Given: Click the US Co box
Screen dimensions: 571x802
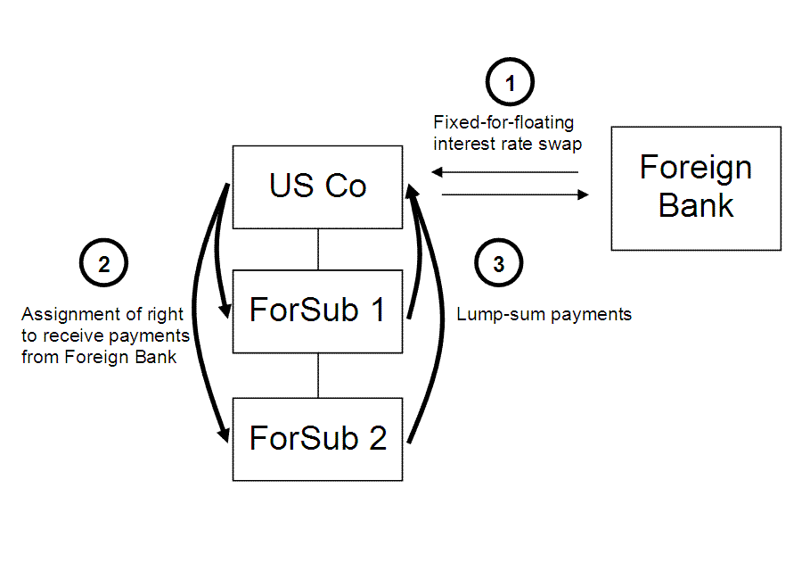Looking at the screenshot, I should point(317,186).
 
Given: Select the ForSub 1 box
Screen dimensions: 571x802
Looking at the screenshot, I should point(317,310).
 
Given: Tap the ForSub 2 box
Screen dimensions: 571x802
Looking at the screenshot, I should point(317,439).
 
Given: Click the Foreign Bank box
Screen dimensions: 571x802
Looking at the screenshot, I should point(696,187).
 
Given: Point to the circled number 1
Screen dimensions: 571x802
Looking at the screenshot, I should point(510,84).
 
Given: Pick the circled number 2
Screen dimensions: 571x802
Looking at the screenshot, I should point(104,264).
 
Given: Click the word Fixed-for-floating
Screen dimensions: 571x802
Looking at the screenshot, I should point(503,122).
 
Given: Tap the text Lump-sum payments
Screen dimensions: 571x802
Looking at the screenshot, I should point(544,314).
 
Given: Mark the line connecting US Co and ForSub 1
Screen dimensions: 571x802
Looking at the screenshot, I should point(318,249).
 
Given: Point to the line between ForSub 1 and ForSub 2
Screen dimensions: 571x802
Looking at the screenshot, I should point(318,375).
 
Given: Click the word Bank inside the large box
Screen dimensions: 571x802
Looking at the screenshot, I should point(696,206).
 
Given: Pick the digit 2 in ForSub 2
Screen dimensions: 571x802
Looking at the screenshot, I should point(377,439).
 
